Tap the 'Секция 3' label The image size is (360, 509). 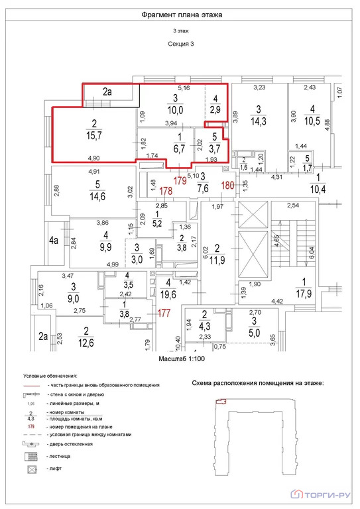(180, 43)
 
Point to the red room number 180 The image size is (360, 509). (227, 185)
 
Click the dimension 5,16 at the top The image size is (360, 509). (182, 88)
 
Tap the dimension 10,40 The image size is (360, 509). (178, 343)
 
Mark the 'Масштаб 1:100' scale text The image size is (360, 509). (180, 358)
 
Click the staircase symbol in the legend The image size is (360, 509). (31, 456)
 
